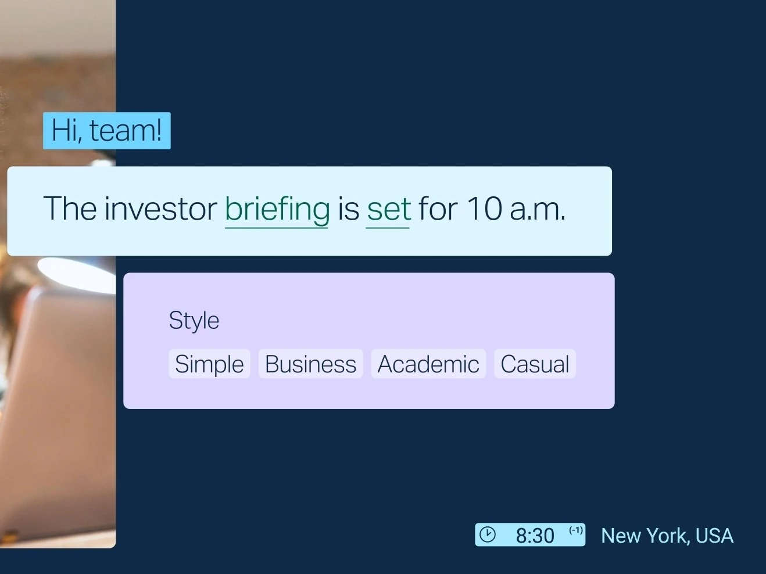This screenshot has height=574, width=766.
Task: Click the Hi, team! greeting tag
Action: (x=107, y=131)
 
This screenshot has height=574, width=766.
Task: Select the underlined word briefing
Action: (x=277, y=210)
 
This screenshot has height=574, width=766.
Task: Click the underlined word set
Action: (x=389, y=210)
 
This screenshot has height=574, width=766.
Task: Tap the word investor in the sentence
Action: (x=160, y=209)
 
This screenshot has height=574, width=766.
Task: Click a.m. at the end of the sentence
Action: (x=538, y=210)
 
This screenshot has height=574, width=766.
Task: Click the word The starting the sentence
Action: (x=70, y=209)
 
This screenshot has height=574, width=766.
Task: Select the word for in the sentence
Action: (x=438, y=209)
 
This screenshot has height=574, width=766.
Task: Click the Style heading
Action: (x=194, y=321)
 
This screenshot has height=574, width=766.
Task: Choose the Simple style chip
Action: (x=209, y=364)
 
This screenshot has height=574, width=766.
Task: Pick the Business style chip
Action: (x=310, y=364)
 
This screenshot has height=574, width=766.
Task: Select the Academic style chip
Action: (x=428, y=364)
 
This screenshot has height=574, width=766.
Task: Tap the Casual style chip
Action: (x=535, y=364)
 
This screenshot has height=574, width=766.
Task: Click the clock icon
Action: (x=487, y=534)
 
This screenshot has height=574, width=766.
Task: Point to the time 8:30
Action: (x=535, y=536)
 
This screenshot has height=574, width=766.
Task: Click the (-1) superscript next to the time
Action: (x=576, y=530)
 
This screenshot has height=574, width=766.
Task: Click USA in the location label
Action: (x=714, y=536)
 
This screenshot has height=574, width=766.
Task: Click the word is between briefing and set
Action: (x=348, y=209)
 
